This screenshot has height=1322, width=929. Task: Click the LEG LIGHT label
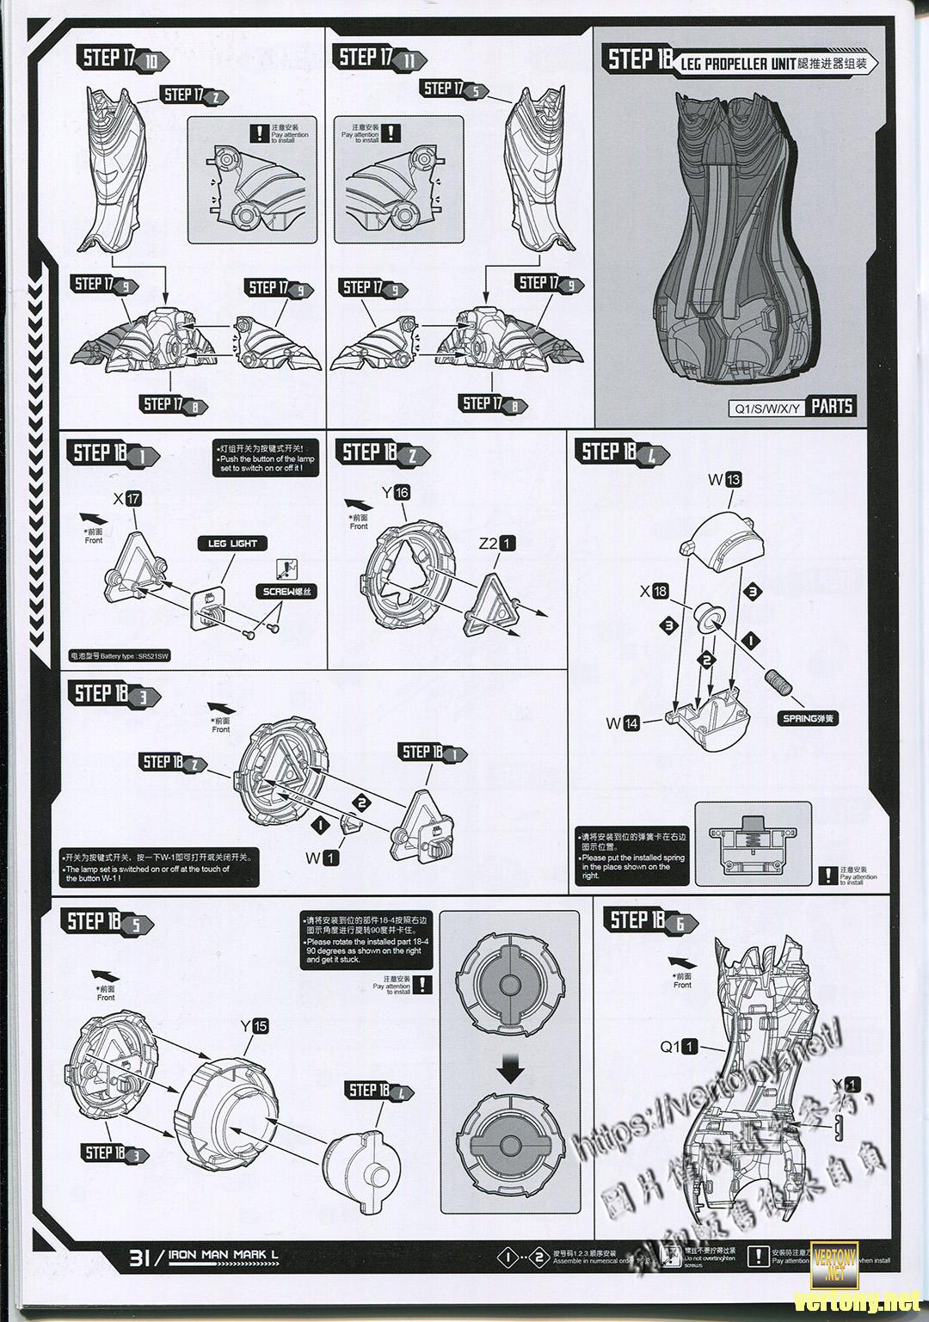[x=232, y=544]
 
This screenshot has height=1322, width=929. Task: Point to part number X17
[x=126, y=499]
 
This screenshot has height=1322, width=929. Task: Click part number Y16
[x=396, y=492]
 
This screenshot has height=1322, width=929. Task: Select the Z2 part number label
[x=497, y=544]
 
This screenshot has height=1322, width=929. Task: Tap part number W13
[x=724, y=480]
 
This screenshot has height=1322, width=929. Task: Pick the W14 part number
[x=623, y=723]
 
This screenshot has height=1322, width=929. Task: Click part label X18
[x=654, y=592]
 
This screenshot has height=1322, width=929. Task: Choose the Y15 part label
[x=254, y=1026]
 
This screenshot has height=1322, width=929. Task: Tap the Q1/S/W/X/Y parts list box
[x=766, y=407]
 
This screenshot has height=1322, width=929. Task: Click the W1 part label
[x=323, y=857]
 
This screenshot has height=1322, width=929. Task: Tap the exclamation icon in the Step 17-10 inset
[x=259, y=133]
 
